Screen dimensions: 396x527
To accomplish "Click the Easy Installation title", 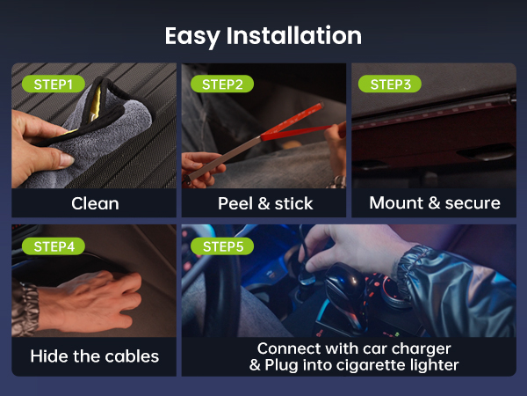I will tap(263, 35).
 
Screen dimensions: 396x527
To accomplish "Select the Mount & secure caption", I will tap(434, 203).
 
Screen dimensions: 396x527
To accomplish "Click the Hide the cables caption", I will tap(94, 356).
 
